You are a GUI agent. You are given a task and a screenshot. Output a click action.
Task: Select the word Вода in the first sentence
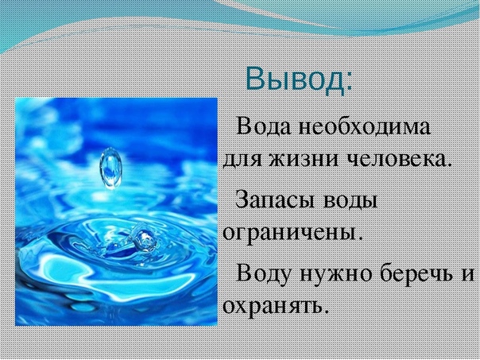tap(263, 126)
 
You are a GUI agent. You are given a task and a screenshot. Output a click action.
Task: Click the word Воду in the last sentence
tap(263, 273)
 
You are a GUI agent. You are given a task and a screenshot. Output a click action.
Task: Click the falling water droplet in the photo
tap(110, 168)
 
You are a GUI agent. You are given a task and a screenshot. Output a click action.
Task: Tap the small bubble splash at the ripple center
tap(145, 238)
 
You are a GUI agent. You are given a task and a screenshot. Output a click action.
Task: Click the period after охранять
tap(325, 312)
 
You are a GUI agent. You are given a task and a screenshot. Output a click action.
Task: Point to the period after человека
tap(448, 164)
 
